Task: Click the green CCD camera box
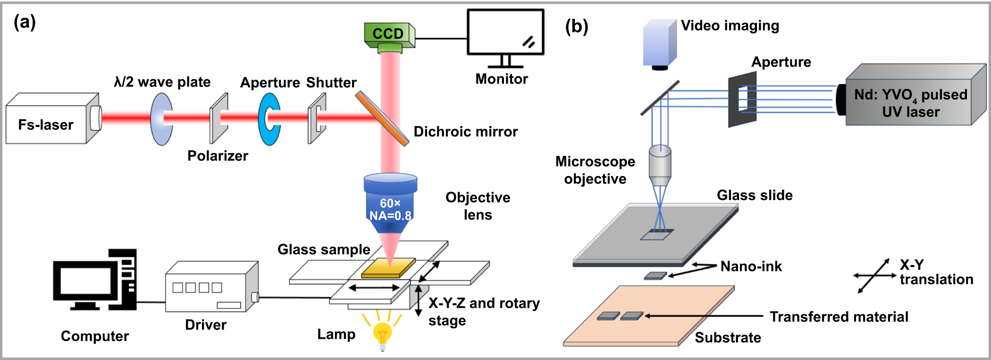[388, 34]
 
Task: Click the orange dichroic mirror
[382, 118]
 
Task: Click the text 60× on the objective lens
[390, 203]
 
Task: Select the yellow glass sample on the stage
[388, 268]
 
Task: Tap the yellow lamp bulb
[382, 333]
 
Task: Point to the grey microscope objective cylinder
[660, 165]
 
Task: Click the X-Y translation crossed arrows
[874, 276]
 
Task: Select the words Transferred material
[839, 317]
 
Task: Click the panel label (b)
[576, 26]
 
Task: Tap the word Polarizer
[218, 156]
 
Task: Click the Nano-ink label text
[751, 267]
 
